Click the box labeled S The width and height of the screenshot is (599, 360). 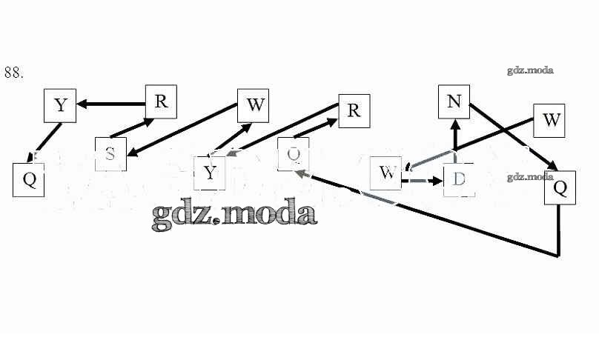[x=110, y=154]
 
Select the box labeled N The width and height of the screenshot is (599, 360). [x=454, y=101]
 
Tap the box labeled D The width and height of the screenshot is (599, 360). [x=458, y=179]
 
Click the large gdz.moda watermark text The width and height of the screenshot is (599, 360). [x=234, y=213]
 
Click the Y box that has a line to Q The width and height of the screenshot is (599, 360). [x=61, y=105]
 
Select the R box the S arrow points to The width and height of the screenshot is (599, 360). [x=161, y=102]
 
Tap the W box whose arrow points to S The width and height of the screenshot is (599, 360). [x=254, y=105]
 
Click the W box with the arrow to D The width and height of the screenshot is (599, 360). [x=386, y=173]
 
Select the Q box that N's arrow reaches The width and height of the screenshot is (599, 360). [x=560, y=188]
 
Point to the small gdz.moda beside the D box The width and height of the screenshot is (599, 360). [x=531, y=177]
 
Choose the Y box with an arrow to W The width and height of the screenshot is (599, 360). [x=210, y=173]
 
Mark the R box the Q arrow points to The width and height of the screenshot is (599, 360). [x=354, y=111]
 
